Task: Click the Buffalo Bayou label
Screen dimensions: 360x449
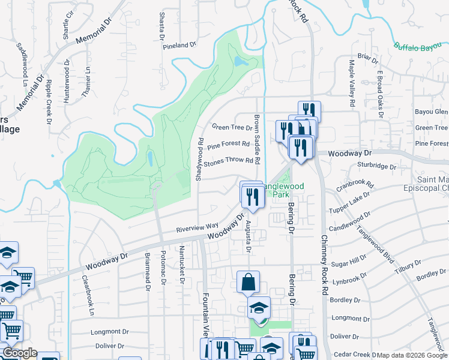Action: [x=420, y=46]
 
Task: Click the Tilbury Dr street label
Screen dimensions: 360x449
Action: [x=410, y=265]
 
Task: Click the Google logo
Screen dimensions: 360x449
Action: [x=20, y=353]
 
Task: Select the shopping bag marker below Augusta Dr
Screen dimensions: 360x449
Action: [x=248, y=282]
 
